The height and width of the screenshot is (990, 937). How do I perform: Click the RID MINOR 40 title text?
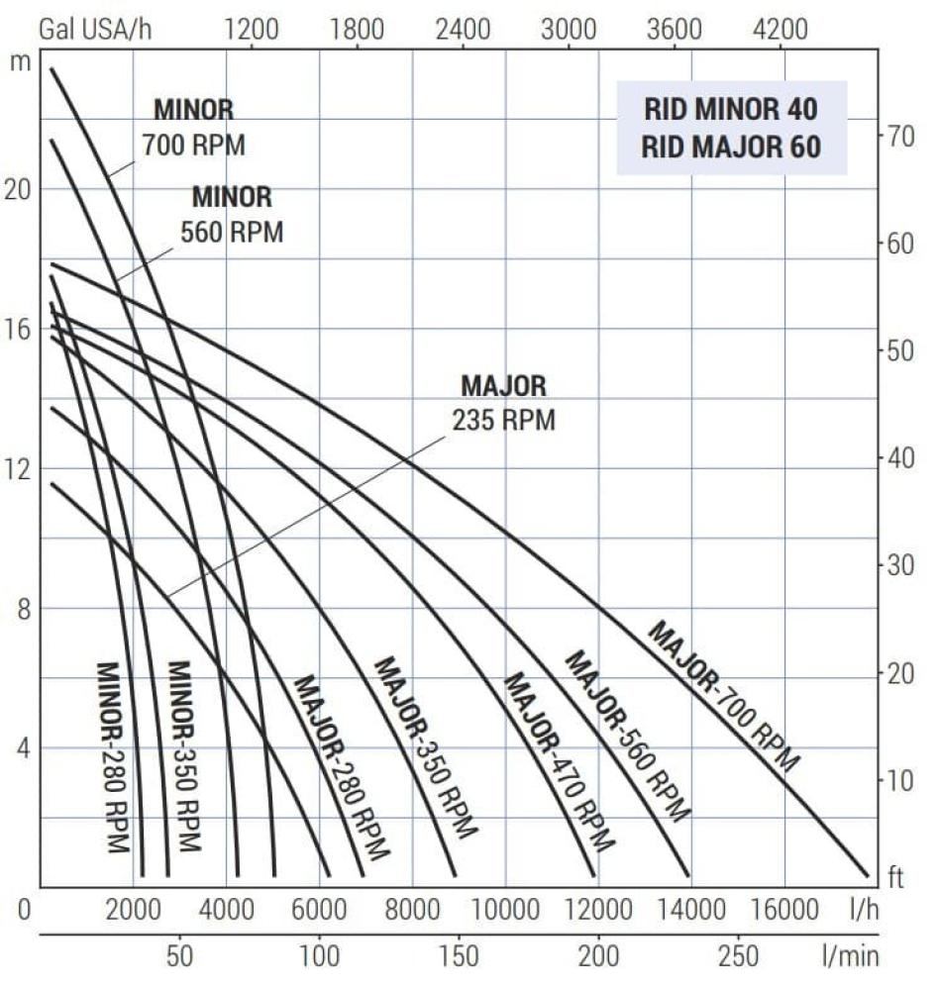pyautogui.click(x=731, y=108)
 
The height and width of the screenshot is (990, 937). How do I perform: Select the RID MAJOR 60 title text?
pyautogui.click(x=731, y=148)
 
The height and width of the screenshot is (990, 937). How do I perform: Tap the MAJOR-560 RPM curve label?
pyautogui.click(x=626, y=736)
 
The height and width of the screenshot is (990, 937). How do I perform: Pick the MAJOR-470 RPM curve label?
pyautogui.click(x=559, y=761)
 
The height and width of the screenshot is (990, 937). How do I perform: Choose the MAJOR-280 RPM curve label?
pyautogui.click(x=342, y=766)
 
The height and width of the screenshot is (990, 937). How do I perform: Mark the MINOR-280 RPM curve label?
pyautogui.click(x=113, y=756)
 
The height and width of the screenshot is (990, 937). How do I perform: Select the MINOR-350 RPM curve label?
pyautogui.click(x=184, y=756)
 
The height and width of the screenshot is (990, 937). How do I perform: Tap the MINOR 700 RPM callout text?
pyautogui.click(x=193, y=128)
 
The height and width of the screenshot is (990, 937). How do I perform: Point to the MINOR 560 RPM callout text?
pyautogui.click(x=232, y=215)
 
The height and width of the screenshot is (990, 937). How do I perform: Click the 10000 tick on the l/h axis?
pyautogui.click(x=505, y=909)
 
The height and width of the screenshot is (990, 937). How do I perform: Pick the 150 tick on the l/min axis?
pyautogui.click(x=459, y=956)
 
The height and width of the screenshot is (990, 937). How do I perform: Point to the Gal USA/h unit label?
pyautogui.click(x=85, y=28)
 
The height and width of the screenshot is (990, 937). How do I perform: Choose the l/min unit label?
pyautogui.click(x=849, y=956)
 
